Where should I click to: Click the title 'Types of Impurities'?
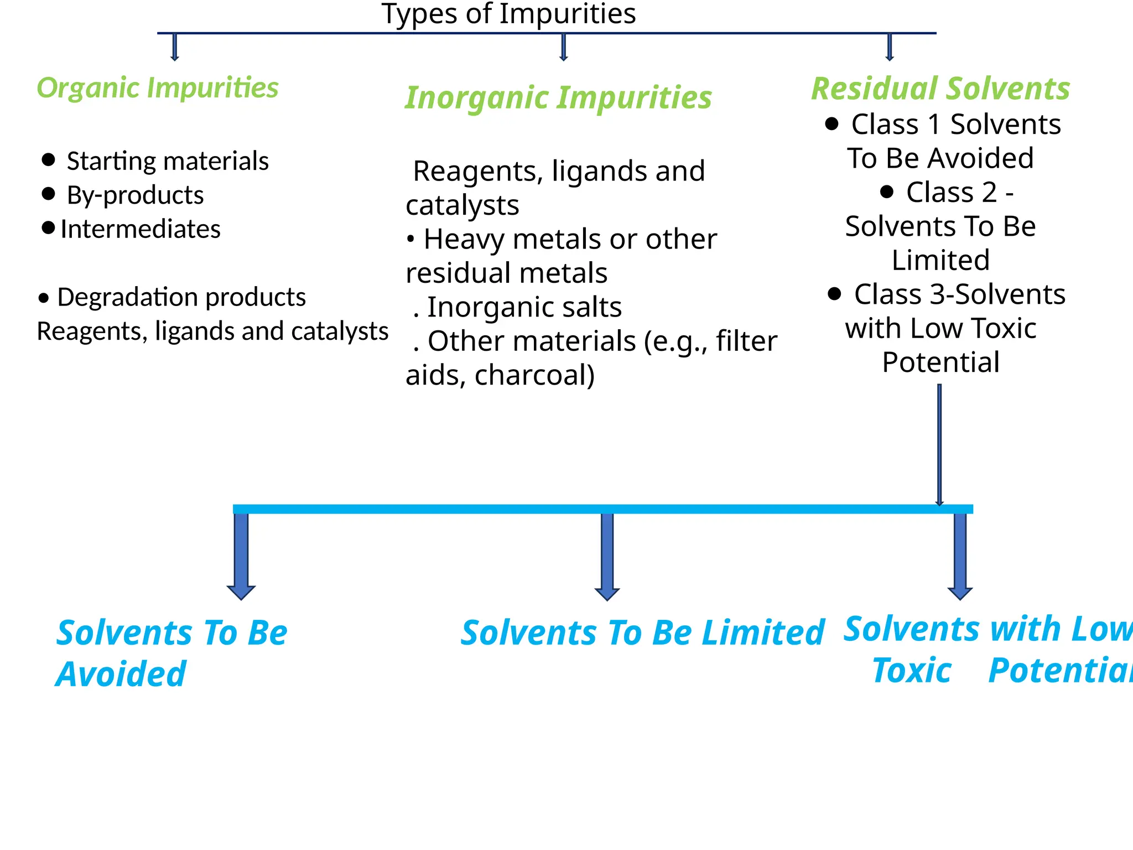508,14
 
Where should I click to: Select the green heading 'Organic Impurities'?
158,88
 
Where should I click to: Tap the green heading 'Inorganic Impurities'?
558,98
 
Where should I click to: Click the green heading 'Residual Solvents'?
940,89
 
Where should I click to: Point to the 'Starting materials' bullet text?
167,161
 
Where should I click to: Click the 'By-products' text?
135,195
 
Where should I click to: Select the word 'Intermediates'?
141,229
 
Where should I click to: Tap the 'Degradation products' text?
181,297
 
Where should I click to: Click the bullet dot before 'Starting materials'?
49,160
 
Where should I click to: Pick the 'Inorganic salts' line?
524,307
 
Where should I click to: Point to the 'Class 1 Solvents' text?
956,125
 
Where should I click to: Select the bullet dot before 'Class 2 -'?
887,191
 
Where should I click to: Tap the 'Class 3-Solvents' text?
959,294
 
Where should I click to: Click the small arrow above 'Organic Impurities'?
175,47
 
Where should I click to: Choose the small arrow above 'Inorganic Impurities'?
563,47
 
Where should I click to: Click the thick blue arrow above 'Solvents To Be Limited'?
607,556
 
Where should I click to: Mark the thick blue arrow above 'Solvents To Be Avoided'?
241,556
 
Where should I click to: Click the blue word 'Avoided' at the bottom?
121,674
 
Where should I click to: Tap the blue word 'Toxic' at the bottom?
912,671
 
